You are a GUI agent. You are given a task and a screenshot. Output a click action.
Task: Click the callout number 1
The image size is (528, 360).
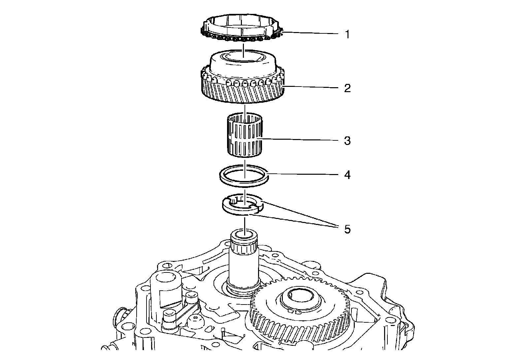(x=347, y=34)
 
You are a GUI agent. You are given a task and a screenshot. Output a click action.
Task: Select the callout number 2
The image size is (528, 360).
(x=347, y=89)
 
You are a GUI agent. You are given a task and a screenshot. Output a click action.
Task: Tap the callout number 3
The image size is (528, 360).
(x=347, y=141)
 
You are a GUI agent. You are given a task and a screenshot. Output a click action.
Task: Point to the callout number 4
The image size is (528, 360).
(x=347, y=175)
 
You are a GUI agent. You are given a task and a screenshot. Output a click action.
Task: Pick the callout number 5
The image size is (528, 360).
(x=347, y=229)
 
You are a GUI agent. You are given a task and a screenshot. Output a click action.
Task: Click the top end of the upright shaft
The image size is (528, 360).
(x=244, y=235)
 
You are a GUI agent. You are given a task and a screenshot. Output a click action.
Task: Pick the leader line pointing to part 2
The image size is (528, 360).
(x=310, y=87)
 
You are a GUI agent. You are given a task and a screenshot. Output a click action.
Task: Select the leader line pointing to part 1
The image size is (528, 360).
(x=310, y=33)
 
